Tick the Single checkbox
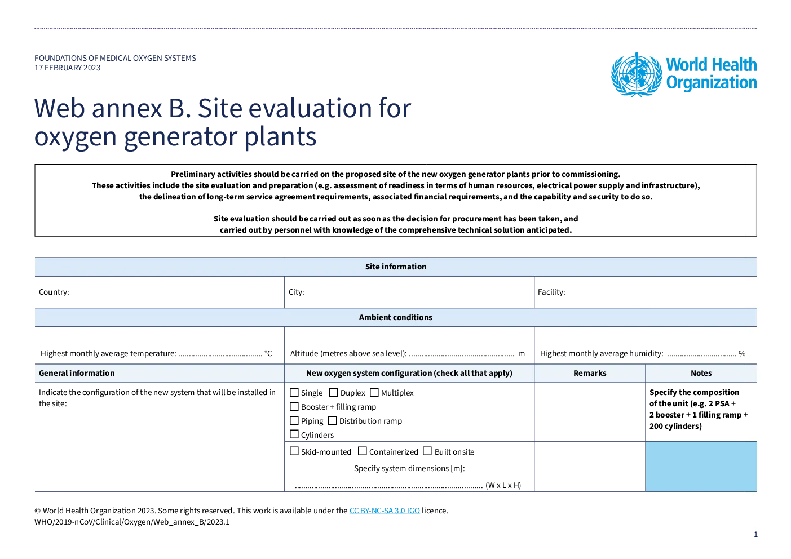[x=294, y=392]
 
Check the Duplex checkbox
[x=334, y=392]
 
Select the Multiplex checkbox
[x=374, y=392]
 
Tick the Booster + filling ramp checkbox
[x=294, y=406]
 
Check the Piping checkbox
[x=294, y=421]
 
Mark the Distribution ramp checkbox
[x=333, y=421]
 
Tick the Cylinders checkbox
[x=294, y=434]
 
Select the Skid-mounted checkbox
[x=294, y=451]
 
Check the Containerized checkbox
[x=363, y=451]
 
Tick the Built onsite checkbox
[x=427, y=451]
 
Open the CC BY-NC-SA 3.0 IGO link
[x=385, y=511]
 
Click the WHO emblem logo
[x=637, y=74]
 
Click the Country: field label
[x=54, y=292]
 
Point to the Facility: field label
[x=551, y=292]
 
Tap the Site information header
[x=396, y=267]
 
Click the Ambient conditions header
[x=396, y=317]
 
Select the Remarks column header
[x=590, y=374]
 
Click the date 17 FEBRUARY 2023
[x=68, y=68]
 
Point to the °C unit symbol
[x=268, y=353]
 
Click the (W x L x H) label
[x=503, y=485]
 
